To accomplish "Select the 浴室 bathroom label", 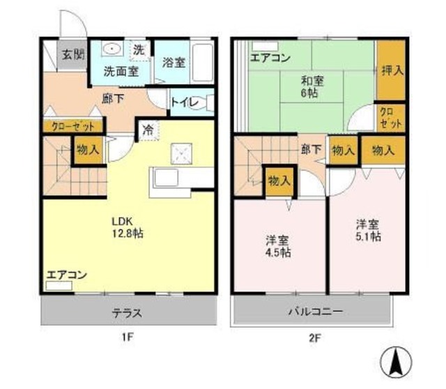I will pyautogui.click(x=174, y=62).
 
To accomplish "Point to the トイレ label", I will pyautogui.click(x=185, y=103).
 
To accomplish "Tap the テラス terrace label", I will pyautogui.click(x=128, y=312).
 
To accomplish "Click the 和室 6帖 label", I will pyautogui.click(x=312, y=86).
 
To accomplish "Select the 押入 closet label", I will pyautogui.click(x=392, y=70).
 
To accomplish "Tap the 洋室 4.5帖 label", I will pyautogui.click(x=278, y=246).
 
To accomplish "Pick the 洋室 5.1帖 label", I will pyautogui.click(x=368, y=230).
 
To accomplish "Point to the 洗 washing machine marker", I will pyautogui.click(x=139, y=49).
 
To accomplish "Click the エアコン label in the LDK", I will pyautogui.click(x=67, y=275).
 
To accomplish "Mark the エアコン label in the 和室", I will pyautogui.click(x=271, y=57).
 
